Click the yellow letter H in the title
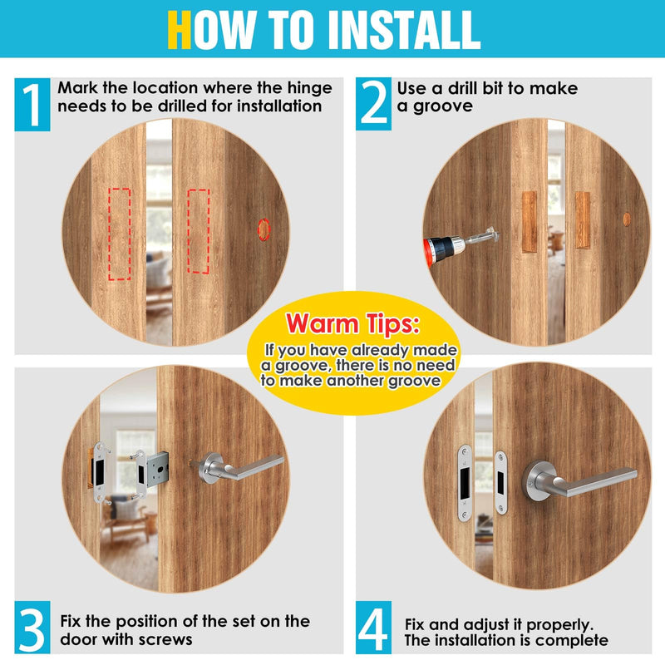coord(179,30)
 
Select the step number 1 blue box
coord(32,105)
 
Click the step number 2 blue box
coord(373,103)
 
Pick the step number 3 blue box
coord(32,628)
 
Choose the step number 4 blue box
coord(373,628)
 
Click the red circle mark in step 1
coord(264,229)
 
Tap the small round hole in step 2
coord(627,219)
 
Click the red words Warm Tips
coord(352,324)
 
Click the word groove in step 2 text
coord(443,106)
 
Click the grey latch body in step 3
coord(157,470)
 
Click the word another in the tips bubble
coord(355,381)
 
